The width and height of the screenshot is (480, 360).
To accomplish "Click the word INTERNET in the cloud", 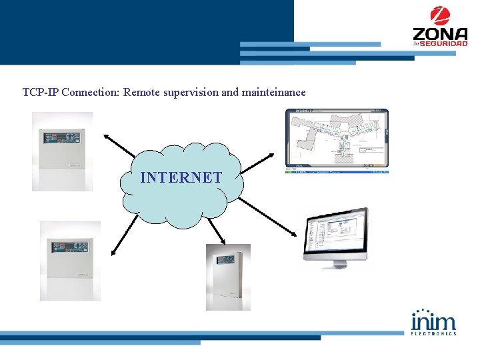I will point(181,177).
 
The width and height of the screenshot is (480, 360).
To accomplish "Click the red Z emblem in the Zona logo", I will point(439,15).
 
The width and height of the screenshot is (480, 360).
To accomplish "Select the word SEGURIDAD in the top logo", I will point(446,43).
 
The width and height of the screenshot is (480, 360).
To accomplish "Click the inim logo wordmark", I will point(434,320).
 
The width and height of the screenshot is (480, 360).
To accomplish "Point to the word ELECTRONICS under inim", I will point(434,333).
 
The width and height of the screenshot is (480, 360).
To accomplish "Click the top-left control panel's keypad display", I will point(62,137).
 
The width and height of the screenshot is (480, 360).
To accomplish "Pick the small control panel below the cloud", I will point(228,277).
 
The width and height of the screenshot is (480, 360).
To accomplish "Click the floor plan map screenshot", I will point(337,139).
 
